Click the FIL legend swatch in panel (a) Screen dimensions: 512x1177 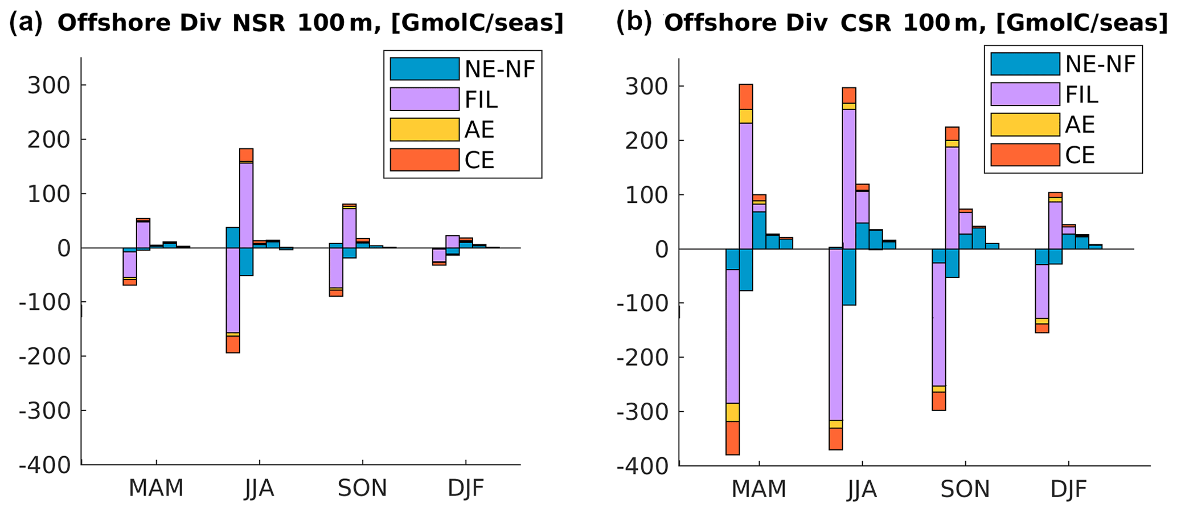pos(424,99)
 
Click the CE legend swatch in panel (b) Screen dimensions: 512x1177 pos(1025,154)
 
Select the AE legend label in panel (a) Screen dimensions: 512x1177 pos(479,130)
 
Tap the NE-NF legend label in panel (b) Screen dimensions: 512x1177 pos(1100,64)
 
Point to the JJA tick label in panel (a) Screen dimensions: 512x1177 pos(259,488)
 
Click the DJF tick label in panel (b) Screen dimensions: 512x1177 pos(1068,489)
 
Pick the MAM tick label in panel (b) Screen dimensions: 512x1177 pos(758,489)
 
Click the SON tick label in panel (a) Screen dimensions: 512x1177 pos(362,488)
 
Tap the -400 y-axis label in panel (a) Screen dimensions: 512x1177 pos(46,465)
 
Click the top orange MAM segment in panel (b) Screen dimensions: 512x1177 pos(746,97)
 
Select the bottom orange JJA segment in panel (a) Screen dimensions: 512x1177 pos(232,345)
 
